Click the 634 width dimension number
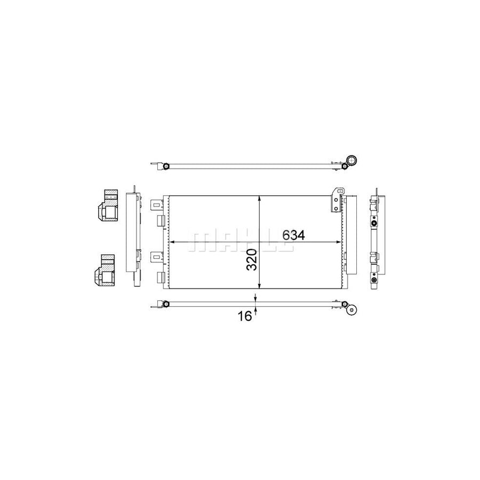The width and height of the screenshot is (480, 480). (x=293, y=235)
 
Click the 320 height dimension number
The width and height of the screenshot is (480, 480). (x=252, y=260)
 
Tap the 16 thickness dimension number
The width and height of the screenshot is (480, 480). (x=245, y=316)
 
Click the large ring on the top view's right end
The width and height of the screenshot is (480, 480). (x=351, y=160)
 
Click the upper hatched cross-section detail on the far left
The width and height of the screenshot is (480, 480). (x=107, y=205)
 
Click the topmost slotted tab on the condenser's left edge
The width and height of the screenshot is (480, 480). (x=156, y=204)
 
